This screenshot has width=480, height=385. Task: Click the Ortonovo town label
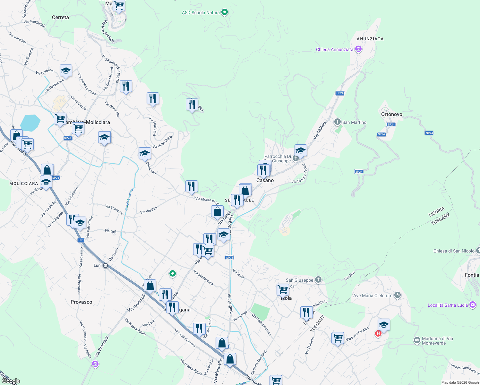click(x=391, y=114)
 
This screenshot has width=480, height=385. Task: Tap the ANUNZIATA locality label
click(x=370, y=39)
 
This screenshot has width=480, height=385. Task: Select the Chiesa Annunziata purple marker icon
click(x=358, y=49)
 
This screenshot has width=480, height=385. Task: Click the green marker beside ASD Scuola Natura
click(x=225, y=13)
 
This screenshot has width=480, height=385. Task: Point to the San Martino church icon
click(x=337, y=122)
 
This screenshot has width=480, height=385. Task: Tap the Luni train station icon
click(x=105, y=265)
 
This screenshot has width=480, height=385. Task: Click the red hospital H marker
click(x=378, y=334)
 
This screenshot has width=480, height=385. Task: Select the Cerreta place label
click(x=60, y=17)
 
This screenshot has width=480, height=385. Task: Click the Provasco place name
click(x=81, y=302)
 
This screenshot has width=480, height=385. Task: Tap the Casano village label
click(x=265, y=180)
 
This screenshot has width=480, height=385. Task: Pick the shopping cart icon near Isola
click(x=283, y=289)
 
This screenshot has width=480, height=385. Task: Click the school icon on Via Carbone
click(x=66, y=71)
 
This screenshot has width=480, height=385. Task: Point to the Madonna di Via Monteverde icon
click(x=417, y=340)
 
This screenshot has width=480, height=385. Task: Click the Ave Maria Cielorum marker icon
click(x=398, y=295)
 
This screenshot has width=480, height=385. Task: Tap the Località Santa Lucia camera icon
click(x=472, y=305)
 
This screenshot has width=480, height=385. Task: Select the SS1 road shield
click(x=81, y=240)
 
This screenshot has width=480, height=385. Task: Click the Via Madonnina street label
click(x=203, y=278)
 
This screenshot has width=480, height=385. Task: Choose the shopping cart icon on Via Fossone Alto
click(x=338, y=338)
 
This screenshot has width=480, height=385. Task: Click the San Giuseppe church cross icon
click(x=318, y=280)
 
